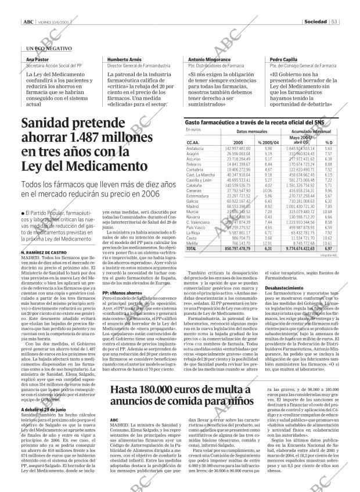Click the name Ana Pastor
pyautogui.click(x=37, y=60)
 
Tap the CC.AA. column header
pyautogui.click(x=193, y=142)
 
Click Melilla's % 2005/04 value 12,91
pyautogui.click(x=268, y=243)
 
